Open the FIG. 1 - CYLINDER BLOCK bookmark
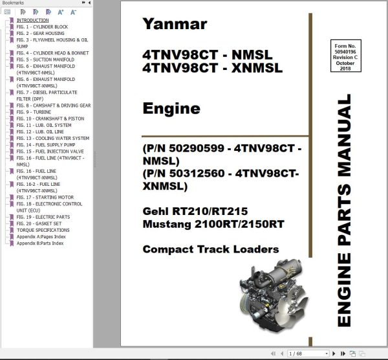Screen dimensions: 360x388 tap(41, 27)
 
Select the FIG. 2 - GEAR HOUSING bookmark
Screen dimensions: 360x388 tap(40, 34)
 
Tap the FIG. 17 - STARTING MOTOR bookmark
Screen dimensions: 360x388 tap(45, 197)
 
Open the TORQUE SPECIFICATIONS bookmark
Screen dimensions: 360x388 tap(43, 230)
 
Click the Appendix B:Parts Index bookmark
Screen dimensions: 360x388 tap(40, 243)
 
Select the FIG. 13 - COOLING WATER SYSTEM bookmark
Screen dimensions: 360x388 tap(53, 138)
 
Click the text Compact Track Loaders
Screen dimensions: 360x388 tap(211, 249)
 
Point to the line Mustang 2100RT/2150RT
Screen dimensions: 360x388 tap(212, 225)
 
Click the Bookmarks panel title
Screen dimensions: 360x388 tap(14, 3)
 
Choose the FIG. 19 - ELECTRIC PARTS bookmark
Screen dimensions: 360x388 tap(43, 217)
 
